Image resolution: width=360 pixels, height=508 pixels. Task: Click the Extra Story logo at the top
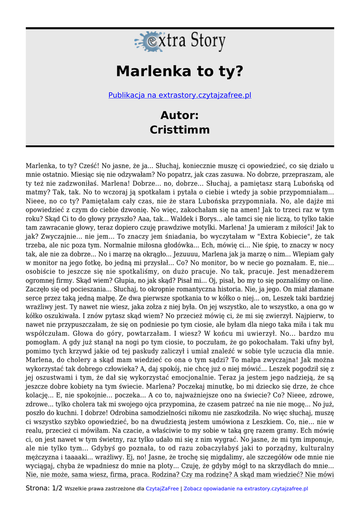(180, 42)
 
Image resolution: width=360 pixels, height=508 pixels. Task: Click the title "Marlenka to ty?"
(180, 71)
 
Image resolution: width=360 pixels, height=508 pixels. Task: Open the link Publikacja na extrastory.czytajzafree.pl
(180, 95)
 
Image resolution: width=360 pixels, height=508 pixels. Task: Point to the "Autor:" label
(180, 115)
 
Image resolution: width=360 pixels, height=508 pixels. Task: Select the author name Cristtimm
(180, 130)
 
